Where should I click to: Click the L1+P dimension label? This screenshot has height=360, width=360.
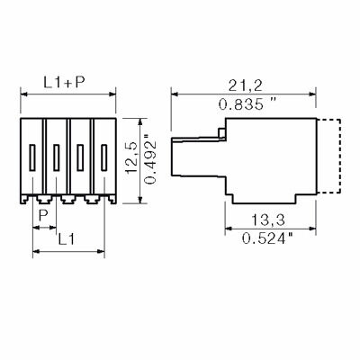point(65,82)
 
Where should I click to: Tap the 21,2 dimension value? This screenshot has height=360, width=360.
point(245,86)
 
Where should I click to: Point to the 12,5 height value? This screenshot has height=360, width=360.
point(131,157)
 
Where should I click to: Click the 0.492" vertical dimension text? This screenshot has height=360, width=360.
point(150,161)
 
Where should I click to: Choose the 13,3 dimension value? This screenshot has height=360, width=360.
point(267,220)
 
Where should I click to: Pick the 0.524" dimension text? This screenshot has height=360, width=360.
point(267,238)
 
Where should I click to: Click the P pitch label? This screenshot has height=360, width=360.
point(44,215)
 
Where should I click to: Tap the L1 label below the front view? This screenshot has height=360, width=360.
point(66,239)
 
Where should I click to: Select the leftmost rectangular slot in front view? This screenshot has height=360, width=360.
point(32,157)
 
